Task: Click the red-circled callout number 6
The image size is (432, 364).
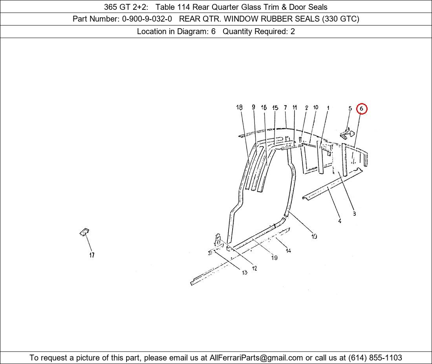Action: click(361, 109)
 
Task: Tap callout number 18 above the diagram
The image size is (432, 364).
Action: click(239, 107)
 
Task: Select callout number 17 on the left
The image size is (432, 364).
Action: click(92, 255)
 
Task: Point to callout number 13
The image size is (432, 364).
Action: click(245, 272)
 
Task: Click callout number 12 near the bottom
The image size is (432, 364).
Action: click(254, 268)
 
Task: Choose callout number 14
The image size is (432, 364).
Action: click(288, 250)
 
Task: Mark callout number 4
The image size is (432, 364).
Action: click(340, 221)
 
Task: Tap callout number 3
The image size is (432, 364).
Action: click(354, 213)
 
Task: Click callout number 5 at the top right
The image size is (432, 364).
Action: click(350, 108)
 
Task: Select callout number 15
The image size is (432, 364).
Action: click(275, 107)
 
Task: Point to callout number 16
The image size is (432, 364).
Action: click(264, 107)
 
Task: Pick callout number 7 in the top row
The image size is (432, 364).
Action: click(286, 107)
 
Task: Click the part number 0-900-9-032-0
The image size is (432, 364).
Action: click(147, 19)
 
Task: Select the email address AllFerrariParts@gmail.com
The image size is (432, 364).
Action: click(256, 358)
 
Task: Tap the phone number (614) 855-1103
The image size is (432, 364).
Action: click(375, 358)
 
